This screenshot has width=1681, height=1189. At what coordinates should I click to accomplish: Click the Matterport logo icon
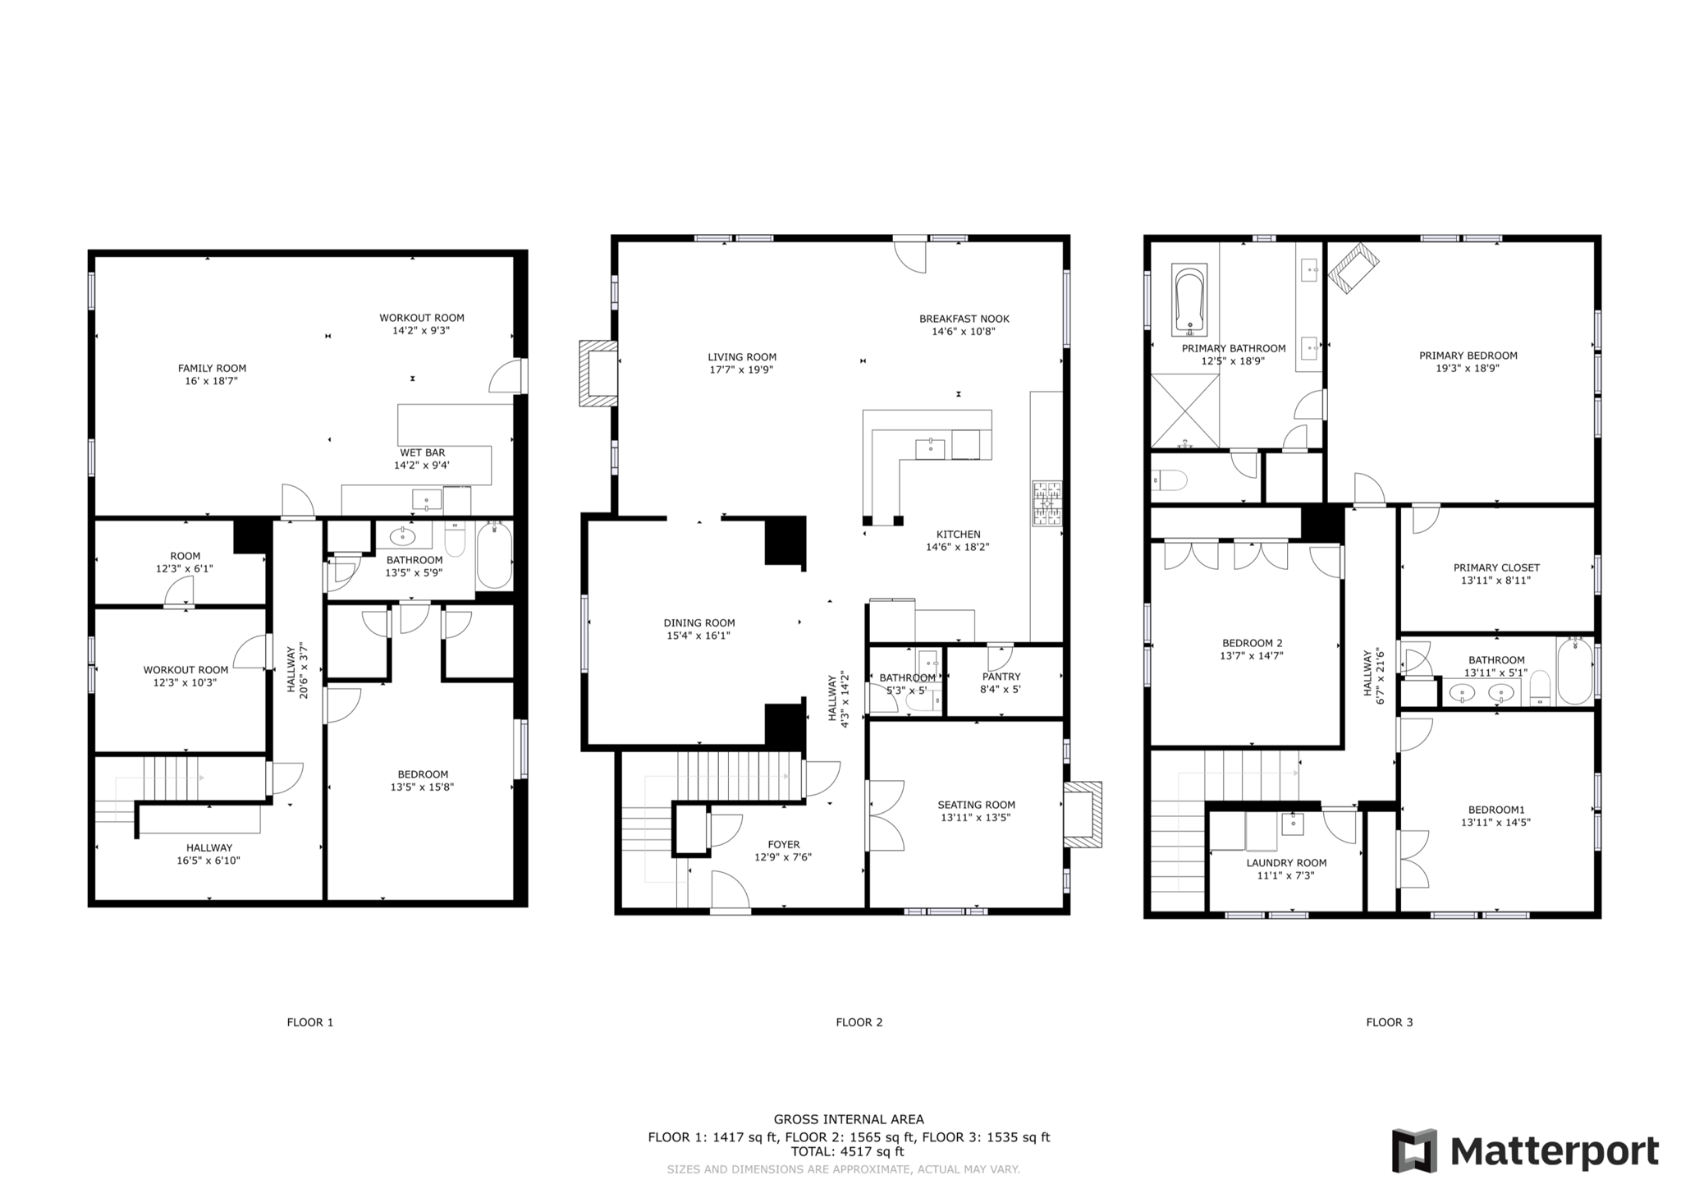click(1413, 1150)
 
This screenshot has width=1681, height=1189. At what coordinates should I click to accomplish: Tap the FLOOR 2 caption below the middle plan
click(859, 1022)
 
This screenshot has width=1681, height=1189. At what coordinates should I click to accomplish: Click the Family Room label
click(212, 369)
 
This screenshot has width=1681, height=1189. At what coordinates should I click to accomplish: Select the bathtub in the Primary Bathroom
click(1189, 301)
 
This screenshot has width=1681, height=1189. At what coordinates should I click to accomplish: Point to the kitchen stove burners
click(1047, 503)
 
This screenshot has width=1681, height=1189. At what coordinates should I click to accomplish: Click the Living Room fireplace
click(598, 374)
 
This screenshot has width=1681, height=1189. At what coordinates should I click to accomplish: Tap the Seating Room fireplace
click(1083, 815)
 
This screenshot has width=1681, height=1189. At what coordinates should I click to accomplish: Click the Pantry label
click(1001, 677)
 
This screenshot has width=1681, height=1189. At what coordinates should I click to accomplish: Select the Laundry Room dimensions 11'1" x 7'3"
click(1285, 875)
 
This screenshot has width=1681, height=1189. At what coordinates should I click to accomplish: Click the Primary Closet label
click(1495, 567)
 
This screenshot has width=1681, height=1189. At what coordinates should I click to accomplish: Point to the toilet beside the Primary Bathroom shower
click(1170, 480)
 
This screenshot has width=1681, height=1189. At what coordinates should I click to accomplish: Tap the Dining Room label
click(699, 623)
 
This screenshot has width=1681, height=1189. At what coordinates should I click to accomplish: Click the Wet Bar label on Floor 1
click(422, 452)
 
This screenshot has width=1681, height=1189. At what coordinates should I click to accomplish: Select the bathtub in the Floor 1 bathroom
click(494, 555)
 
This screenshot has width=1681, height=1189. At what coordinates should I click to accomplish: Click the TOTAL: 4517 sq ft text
click(847, 1152)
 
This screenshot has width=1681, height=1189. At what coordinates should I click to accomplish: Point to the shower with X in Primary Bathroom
click(1184, 411)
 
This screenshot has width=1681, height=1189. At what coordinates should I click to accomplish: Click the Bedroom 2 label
click(1251, 643)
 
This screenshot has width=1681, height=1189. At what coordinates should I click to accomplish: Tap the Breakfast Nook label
click(964, 319)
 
